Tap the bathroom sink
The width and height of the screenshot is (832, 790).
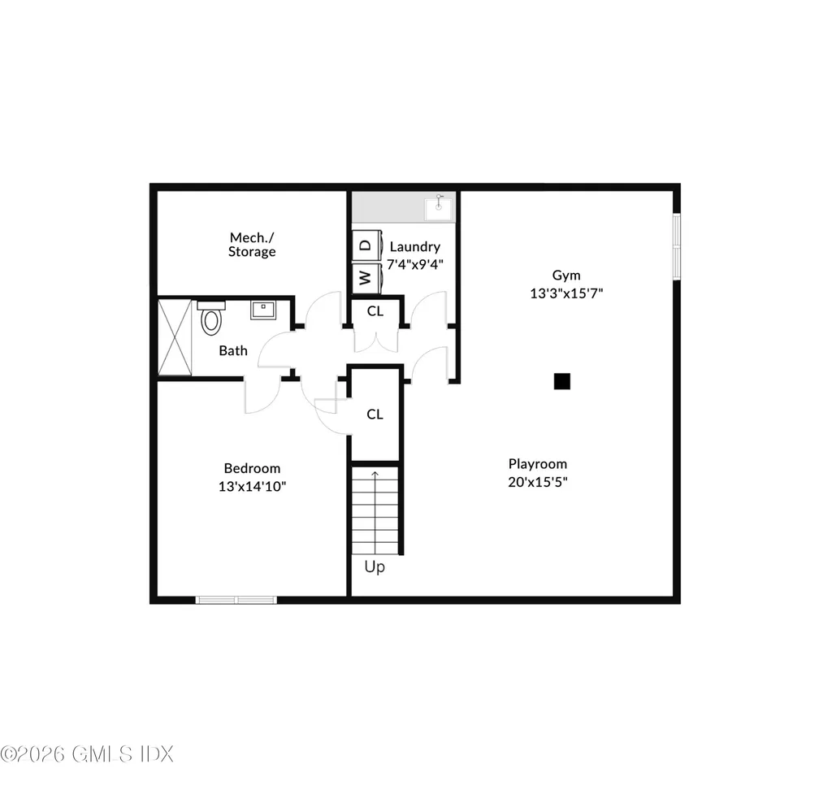point(262,310)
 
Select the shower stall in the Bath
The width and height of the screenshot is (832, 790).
point(174,336)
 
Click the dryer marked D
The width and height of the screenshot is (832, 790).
point(366,245)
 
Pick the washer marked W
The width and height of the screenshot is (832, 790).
point(366,278)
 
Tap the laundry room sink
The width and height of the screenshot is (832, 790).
point(440,206)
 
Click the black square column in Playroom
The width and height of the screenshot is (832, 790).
point(561,381)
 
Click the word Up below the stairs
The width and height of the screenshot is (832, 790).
point(375,567)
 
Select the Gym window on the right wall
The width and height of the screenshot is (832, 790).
point(676,246)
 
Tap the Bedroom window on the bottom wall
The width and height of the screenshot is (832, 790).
point(236,600)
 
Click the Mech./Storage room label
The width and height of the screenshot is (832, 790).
point(252,245)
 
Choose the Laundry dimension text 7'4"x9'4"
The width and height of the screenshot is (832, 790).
point(415,263)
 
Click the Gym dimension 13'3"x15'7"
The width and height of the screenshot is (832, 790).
point(566,293)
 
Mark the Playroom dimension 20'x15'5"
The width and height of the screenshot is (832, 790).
point(538,481)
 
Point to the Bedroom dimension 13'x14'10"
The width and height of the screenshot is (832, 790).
point(252,486)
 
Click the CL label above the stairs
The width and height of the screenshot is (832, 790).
point(375,415)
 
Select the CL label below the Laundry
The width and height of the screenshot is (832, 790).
point(375,310)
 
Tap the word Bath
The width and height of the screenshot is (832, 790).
point(233,351)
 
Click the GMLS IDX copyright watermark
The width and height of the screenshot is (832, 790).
point(87,753)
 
